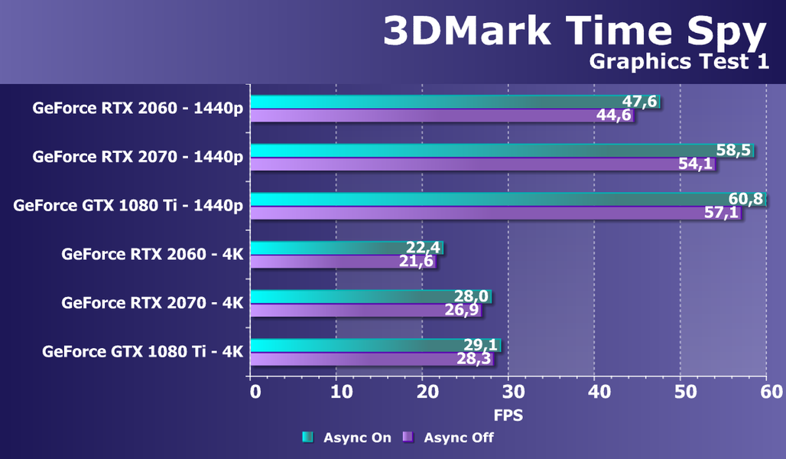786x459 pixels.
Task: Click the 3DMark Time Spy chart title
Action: pos(574,32)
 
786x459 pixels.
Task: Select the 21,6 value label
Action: pos(417,261)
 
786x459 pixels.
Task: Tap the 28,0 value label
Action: pos(472,296)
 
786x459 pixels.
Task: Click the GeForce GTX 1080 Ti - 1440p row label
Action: pos(128,205)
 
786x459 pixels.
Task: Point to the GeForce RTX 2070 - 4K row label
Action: pos(152,303)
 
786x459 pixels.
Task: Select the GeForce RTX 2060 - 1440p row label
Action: pos(138,108)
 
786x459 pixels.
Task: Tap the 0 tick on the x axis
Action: pos(255,392)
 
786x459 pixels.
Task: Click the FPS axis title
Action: pos(508,416)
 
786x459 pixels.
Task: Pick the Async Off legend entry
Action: pos(449,438)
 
